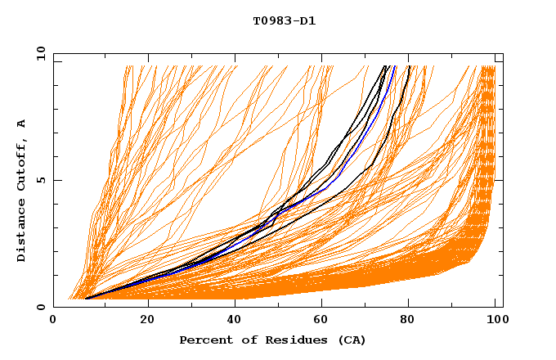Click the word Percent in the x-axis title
pos(204,340)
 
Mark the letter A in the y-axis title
pos(21,124)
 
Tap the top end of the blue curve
pos(395,66)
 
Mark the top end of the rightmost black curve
pos(410,66)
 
